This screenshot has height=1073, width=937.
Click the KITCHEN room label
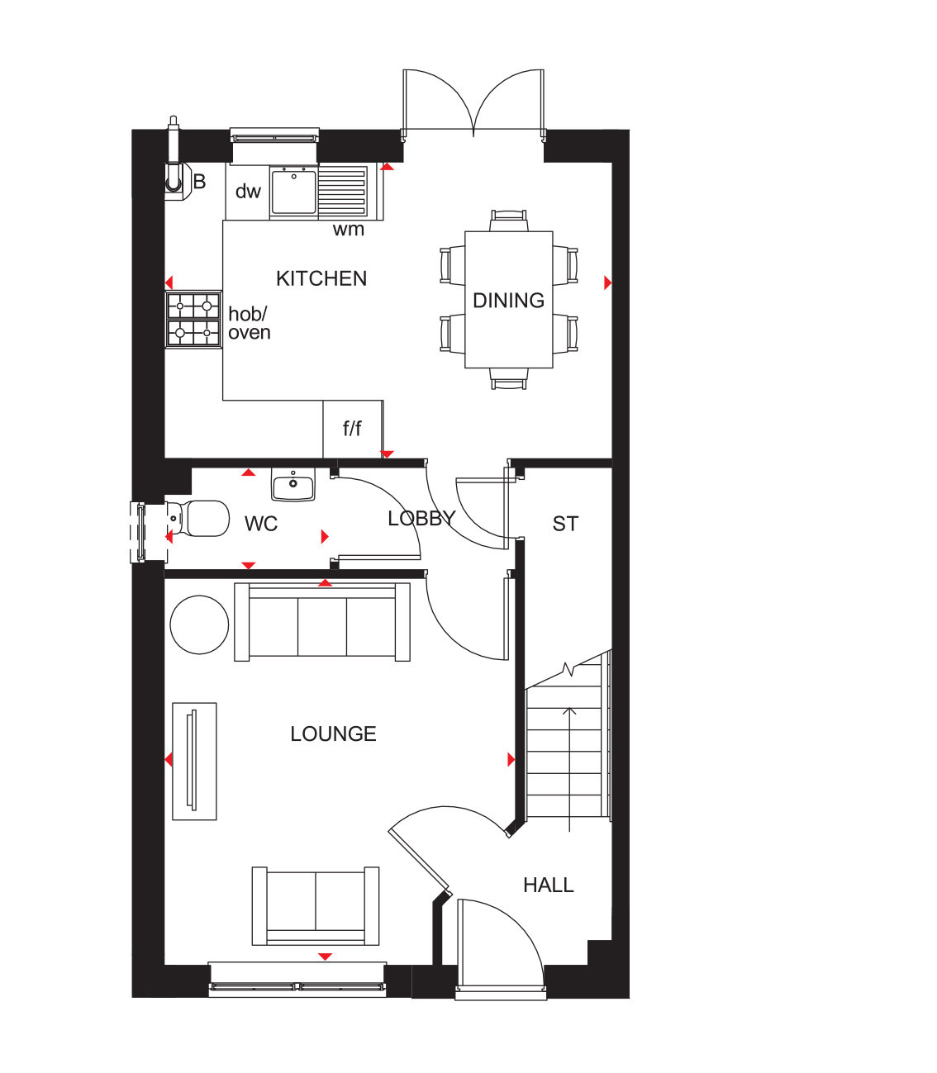321,278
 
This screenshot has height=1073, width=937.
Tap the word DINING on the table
508,301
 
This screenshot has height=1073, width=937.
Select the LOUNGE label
333,734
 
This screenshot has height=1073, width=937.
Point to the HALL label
549,885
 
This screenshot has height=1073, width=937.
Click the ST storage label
565,524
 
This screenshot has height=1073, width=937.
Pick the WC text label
261,524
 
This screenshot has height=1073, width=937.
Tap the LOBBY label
421,519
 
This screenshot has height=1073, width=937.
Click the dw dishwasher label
248,192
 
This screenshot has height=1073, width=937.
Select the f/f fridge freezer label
352,429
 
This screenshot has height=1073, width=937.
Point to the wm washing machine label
349,230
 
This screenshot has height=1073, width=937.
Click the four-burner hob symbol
193,319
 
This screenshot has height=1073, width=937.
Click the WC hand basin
293,484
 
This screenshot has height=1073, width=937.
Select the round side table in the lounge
199,624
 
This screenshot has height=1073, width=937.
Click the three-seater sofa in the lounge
322,621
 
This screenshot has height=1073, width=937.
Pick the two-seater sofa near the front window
316,905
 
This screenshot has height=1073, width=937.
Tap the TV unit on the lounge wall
194,761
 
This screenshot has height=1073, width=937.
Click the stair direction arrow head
569,710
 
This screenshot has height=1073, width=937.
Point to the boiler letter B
199,182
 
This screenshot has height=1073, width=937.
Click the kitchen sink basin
294,192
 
